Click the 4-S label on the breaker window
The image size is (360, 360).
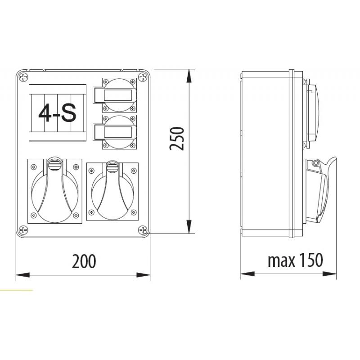[57, 113]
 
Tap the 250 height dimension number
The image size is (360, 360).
[178, 139]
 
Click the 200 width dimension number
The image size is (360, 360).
[84, 261]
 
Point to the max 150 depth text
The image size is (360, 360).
[295, 260]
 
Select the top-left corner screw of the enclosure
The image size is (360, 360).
[23, 77]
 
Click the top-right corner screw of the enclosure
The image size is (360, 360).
[143, 77]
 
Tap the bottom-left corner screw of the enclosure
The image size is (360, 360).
[23, 230]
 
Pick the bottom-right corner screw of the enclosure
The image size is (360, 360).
[143, 230]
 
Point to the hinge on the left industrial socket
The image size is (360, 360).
[54, 164]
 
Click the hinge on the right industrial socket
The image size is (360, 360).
[112, 168]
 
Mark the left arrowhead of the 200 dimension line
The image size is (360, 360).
[21, 274]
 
